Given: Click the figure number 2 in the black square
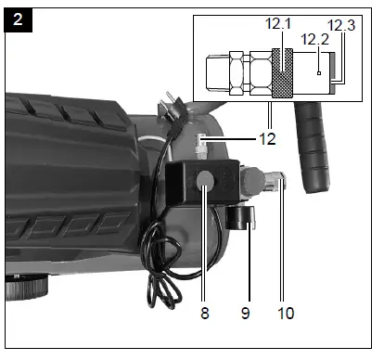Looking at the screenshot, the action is point(18,19).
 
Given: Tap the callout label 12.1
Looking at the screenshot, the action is point(278,23).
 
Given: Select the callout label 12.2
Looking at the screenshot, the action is point(314,39).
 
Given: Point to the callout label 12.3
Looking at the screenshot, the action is point(341,25).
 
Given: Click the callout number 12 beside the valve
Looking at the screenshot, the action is point(267,139).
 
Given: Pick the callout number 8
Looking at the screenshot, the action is point(205,313).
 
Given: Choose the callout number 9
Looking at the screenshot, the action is point(245,313).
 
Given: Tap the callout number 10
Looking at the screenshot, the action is point(286,313).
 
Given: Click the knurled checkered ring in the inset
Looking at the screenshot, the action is point(282,73).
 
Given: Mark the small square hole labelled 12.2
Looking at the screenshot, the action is point(319,73).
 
